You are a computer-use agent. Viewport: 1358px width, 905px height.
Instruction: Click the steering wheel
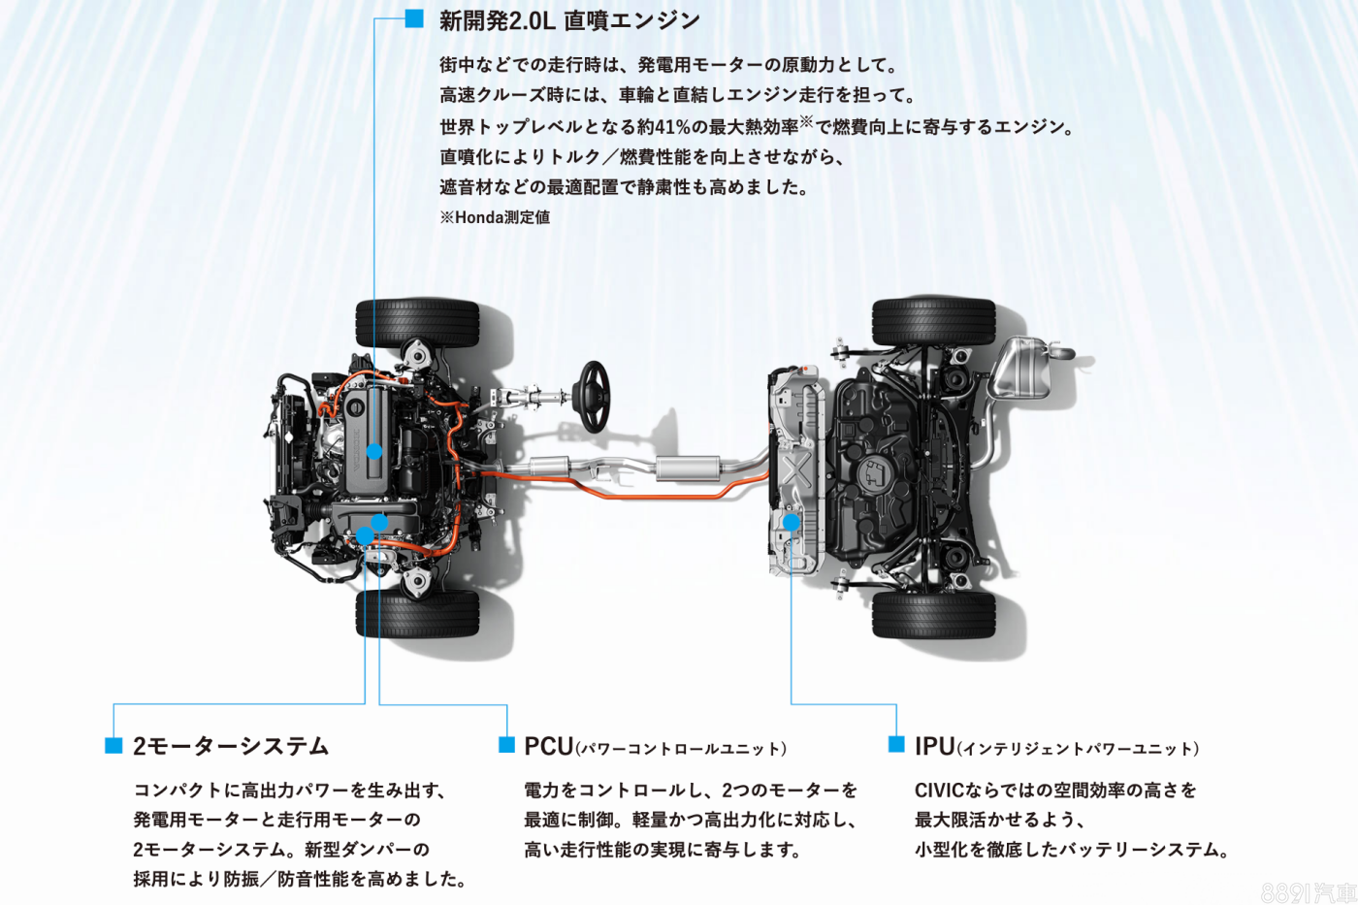(594, 397)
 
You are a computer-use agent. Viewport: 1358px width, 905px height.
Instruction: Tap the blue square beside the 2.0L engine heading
(414, 18)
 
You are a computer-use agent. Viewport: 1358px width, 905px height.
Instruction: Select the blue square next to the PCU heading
(506, 744)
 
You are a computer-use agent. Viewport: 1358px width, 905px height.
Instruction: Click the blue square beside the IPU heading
(896, 744)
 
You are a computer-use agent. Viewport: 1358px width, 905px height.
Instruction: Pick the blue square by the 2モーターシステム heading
(113, 745)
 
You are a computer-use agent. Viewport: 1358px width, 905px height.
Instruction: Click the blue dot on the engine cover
(374, 451)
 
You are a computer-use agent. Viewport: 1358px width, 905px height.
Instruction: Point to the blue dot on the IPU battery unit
(792, 522)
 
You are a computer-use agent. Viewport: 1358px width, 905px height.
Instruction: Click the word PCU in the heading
(549, 746)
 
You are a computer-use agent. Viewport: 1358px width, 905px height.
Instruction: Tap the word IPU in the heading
(935, 746)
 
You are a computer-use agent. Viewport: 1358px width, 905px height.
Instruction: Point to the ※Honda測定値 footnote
(495, 217)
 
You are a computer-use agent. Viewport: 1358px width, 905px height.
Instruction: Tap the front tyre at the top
(417, 322)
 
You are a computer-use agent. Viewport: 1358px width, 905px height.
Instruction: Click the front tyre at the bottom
(417, 613)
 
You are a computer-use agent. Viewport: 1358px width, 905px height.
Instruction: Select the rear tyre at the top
(933, 322)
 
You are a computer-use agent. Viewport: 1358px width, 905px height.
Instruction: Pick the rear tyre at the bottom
(933, 615)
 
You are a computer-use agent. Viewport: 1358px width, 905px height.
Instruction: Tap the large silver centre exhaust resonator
(687, 468)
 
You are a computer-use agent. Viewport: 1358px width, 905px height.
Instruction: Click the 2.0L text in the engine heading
(532, 21)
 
